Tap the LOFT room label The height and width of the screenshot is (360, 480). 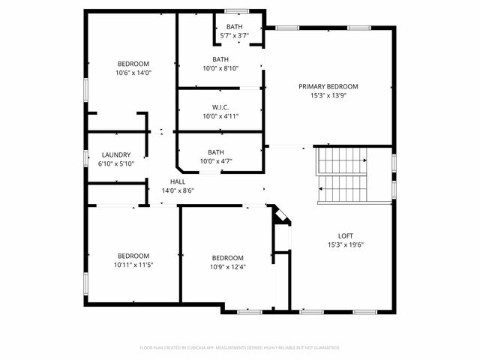tap(346, 234)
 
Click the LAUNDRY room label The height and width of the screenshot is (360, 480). tap(116, 154)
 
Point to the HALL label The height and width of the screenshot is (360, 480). tap(178, 181)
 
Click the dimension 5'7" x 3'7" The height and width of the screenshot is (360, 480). tap(234, 36)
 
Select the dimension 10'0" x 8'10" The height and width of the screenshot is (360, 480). tap(220, 69)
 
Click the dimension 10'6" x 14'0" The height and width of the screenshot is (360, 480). tap(133, 73)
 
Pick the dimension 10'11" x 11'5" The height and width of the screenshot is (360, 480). tap(133, 265)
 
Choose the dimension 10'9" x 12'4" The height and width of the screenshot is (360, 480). tap(226, 267)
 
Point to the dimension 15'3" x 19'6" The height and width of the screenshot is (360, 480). tap(346, 244)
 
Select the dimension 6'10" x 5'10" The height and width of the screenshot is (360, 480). tap(116, 163)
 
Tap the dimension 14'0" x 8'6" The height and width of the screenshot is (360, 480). tap(178, 190)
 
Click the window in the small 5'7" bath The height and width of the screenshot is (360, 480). tap(237, 11)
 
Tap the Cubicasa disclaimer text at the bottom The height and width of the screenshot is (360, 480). tap(240, 347)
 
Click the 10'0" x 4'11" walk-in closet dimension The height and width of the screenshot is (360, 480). tap(220, 115)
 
